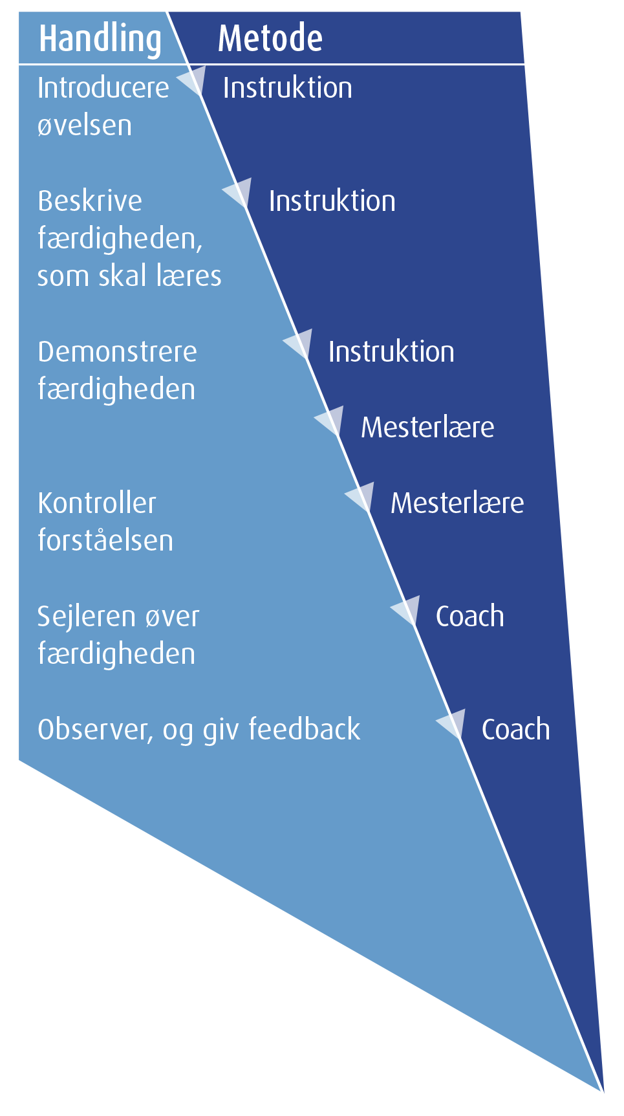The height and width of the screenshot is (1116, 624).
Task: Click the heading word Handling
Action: click(100, 39)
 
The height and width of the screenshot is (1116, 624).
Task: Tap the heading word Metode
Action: click(270, 39)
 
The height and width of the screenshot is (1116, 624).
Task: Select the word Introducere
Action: click(103, 88)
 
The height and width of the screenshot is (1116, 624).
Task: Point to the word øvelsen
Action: click(85, 126)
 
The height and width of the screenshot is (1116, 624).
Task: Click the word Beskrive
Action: click(90, 201)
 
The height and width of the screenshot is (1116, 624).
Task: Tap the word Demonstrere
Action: click(117, 352)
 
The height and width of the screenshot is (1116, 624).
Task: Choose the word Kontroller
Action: click(97, 503)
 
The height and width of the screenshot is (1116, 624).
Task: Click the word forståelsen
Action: click(105, 541)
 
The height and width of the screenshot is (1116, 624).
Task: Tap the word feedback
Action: click(305, 730)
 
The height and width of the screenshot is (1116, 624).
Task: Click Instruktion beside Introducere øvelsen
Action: click(288, 88)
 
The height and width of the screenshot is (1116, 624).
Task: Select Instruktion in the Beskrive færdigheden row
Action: click(332, 201)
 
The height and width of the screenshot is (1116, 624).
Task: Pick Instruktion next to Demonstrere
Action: click(391, 352)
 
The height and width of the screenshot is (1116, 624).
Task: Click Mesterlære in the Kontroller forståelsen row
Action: click(457, 503)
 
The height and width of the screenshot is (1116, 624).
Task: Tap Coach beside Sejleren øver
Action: click(470, 617)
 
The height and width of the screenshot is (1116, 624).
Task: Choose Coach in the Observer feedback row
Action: click(516, 730)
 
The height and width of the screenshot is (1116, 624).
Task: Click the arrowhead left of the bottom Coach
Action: click(453, 723)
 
